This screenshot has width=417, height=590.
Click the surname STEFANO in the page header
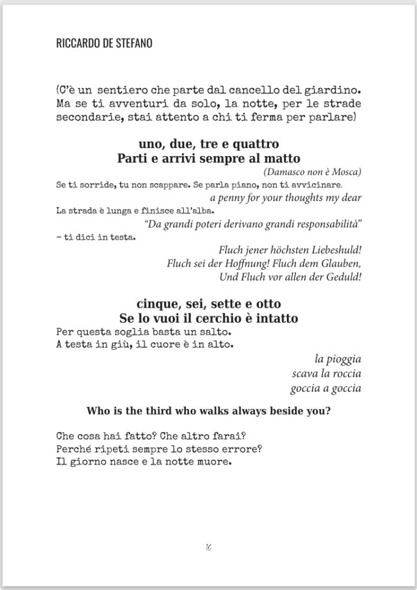tap(131, 43)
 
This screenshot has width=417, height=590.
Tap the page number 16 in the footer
tap(208, 547)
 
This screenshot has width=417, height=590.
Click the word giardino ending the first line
tap(338, 91)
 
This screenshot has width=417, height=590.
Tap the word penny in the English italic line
tap(232, 198)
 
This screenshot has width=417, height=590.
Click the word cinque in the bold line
tap(156, 304)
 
